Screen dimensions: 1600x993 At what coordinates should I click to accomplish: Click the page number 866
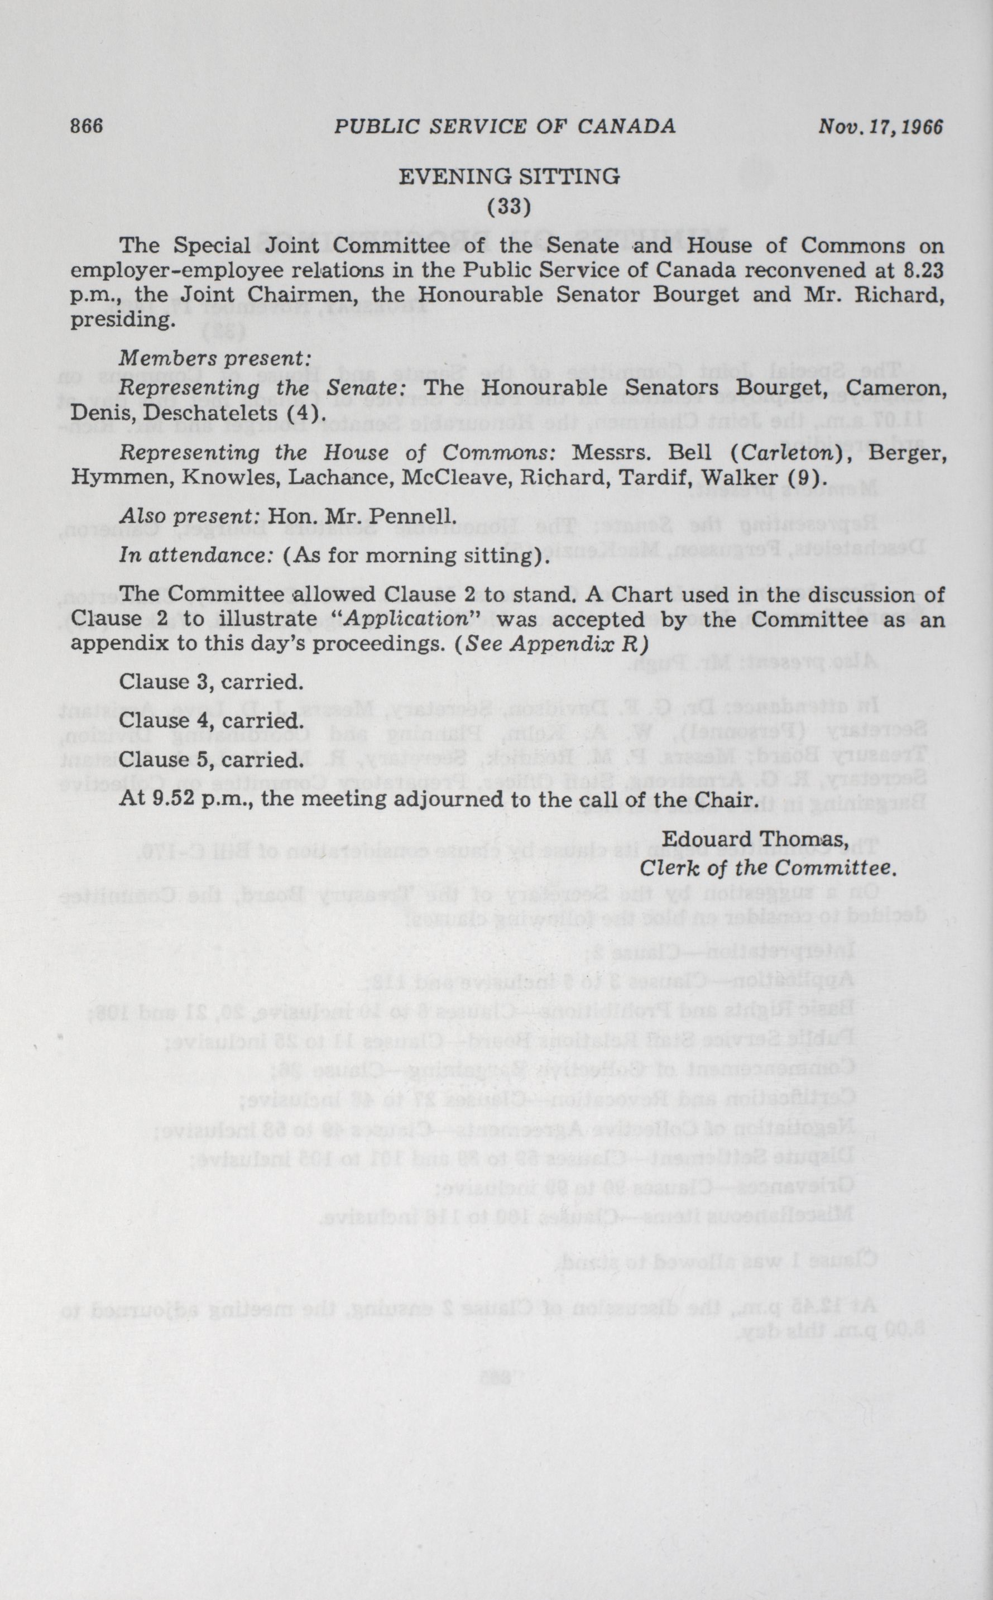pyautogui.click(x=87, y=126)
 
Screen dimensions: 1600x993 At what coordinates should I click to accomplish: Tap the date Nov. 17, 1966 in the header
pyautogui.click(x=880, y=126)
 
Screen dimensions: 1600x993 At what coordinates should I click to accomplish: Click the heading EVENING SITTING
pyautogui.click(x=509, y=176)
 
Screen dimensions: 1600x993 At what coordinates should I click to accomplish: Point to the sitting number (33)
pyautogui.click(x=509, y=206)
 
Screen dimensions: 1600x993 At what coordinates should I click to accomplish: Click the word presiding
pyautogui.click(x=123, y=320)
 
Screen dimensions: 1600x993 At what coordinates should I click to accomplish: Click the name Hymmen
pyautogui.click(x=120, y=476)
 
